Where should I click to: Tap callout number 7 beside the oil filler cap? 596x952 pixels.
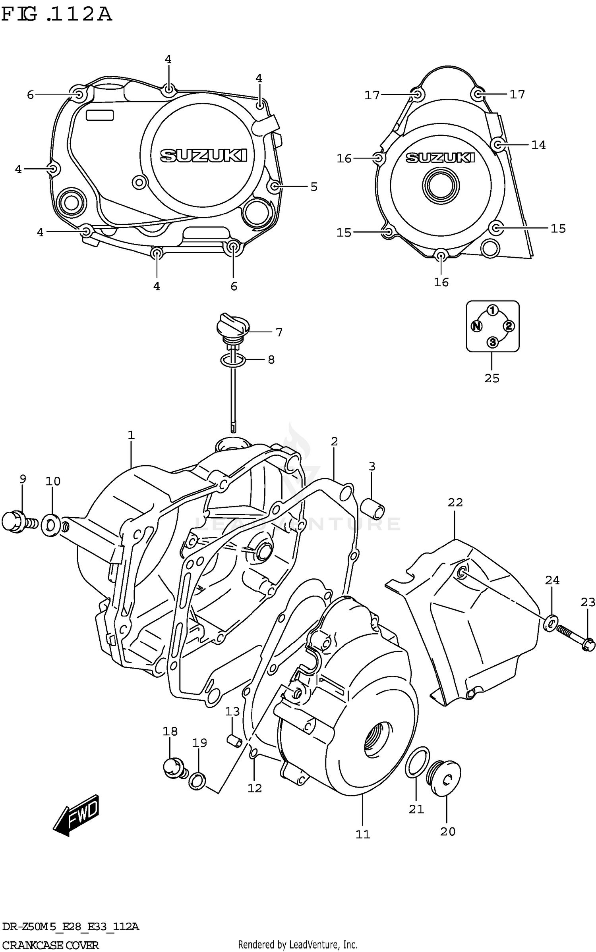point(279,332)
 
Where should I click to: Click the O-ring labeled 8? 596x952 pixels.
point(233,360)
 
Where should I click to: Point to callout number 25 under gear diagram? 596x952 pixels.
point(492,378)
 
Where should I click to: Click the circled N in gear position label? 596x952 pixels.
point(476,326)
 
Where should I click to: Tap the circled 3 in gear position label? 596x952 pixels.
point(492,342)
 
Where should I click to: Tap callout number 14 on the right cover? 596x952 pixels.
point(538,145)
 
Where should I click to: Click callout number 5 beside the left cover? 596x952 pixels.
point(314,187)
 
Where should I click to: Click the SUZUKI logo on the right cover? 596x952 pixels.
point(440,158)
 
